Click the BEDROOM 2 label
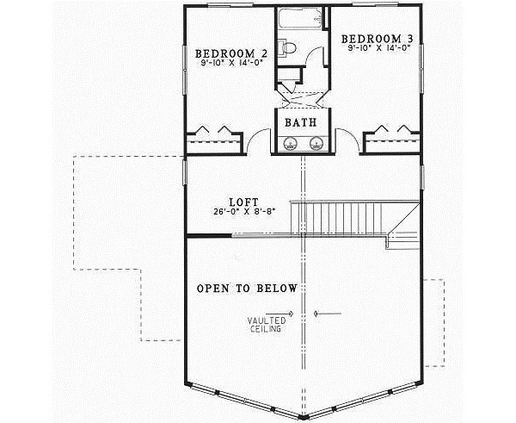[x=231, y=53]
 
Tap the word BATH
[x=301, y=123]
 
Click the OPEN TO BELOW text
[x=248, y=288]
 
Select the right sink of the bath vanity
[x=316, y=143]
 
